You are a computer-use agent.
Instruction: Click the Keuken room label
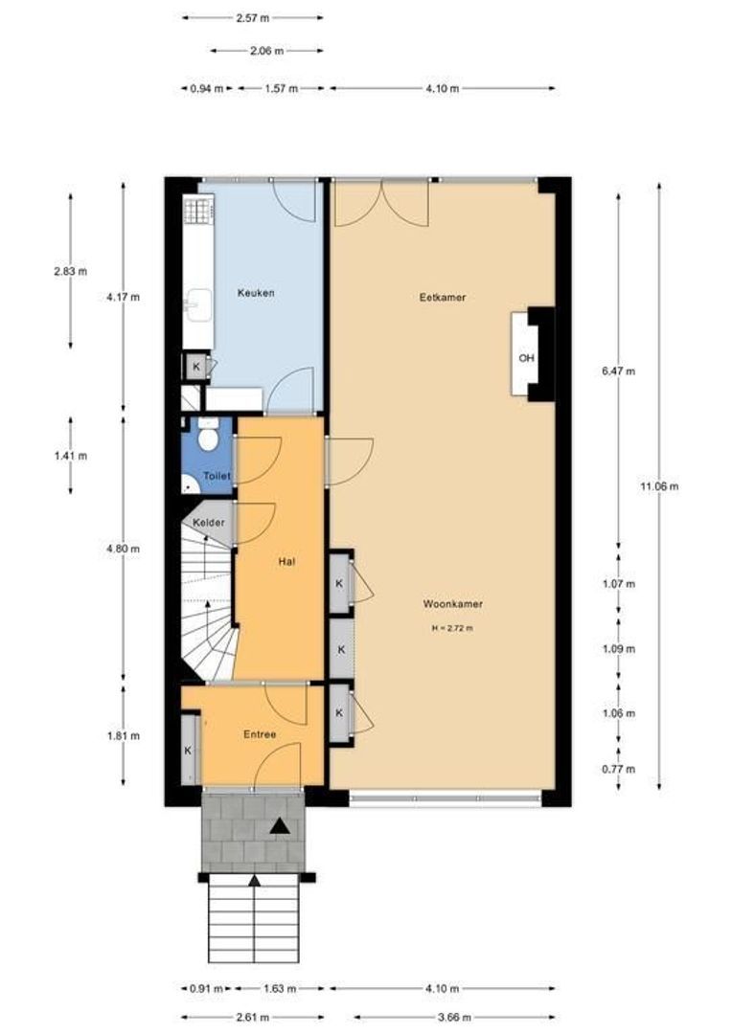[x=256, y=293]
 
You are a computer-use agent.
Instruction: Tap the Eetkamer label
[x=443, y=298]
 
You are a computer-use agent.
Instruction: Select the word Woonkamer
[x=452, y=604]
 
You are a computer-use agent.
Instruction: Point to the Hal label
[x=286, y=562]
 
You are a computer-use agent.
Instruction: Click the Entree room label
[x=260, y=734]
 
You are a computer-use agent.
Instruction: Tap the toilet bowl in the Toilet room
[x=209, y=437]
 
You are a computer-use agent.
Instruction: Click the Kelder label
[x=209, y=523]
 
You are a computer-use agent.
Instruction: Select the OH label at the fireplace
[x=526, y=358]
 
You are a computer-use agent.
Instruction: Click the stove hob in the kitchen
[x=196, y=211]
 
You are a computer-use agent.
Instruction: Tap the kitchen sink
[x=198, y=305]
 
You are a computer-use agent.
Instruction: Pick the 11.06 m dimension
[x=659, y=486]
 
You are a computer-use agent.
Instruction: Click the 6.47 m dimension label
[x=619, y=371]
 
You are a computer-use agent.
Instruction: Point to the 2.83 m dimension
[x=71, y=271]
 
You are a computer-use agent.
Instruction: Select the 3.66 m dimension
[x=454, y=1017]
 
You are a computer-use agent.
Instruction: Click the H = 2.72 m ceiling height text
[x=452, y=628]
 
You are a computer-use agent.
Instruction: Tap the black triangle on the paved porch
[x=280, y=825]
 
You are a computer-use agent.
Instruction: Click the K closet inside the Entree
[x=190, y=750]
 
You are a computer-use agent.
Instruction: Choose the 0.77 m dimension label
[x=619, y=769]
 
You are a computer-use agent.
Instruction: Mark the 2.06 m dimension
[x=267, y=51]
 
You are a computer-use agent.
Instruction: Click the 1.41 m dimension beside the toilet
[x=71, y=456]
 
